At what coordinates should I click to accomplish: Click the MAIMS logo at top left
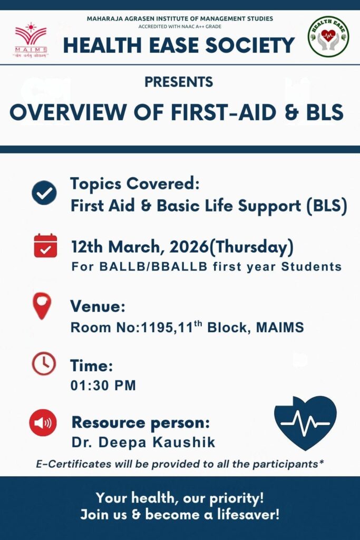[31, 40]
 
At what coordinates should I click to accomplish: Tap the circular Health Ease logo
[328, 36]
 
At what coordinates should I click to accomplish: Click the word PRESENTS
[179, 82]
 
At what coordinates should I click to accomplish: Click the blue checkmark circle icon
[44, 192]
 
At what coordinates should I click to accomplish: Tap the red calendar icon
[45, 246]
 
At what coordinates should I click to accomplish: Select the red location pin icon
[42, 305]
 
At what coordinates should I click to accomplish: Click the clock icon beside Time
[44, 363]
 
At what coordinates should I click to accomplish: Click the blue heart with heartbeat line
[305, 422]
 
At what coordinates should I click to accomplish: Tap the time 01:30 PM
[103, 385]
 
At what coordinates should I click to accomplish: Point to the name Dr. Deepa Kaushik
[143, 442]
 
